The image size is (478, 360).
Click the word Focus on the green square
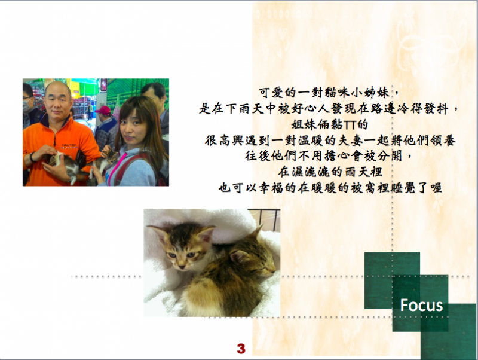421,305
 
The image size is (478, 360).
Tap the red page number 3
241,349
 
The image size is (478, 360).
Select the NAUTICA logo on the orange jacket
70,146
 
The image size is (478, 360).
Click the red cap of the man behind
103,110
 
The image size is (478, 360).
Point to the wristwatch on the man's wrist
32,157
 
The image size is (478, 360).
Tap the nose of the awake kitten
182,267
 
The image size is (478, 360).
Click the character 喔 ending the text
436,188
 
